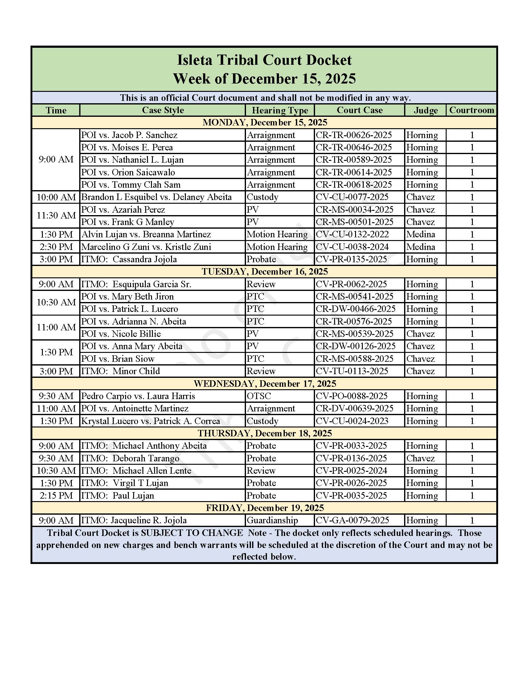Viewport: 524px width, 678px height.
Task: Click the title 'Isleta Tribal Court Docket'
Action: (x=264, y=60)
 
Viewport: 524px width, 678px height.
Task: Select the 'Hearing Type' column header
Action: (x=280, y=110)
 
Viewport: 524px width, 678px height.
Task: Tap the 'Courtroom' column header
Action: (x=471, y=110)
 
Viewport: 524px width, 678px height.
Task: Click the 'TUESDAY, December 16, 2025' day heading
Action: (x=264, y=272)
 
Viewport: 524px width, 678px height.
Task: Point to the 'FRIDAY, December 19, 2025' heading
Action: (x=264, y=508)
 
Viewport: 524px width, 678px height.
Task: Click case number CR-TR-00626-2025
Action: (x=354, y=135)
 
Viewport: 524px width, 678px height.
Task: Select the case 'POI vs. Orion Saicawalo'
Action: (x=128, y=172)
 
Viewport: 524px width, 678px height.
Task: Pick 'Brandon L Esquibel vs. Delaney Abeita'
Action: (x=157, y=197)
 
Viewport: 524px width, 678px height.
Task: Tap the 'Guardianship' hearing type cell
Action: (x=272, y=520)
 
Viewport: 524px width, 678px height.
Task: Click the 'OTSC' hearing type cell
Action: (x=259, y=396)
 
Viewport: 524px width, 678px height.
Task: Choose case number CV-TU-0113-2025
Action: (x=352, y=371)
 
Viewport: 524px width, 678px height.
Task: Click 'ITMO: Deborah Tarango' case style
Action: (x=130, y=458)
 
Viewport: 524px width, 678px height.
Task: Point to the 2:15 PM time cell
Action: (x=56, y=496)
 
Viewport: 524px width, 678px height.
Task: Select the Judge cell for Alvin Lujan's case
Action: (x=421, y=235)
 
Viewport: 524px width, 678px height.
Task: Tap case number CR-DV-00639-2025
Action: (x=354, y=409)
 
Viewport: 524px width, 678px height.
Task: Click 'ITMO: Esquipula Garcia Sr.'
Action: (x=136, y=284)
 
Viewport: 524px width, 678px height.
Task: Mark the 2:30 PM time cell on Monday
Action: (x=56, y=247)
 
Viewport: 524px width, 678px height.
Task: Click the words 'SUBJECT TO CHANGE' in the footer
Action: (x=192, y=533)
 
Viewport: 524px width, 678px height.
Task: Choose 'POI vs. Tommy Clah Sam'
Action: (x=131, y=185)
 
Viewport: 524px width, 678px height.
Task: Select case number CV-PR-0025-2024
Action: (x=351, y=471)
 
